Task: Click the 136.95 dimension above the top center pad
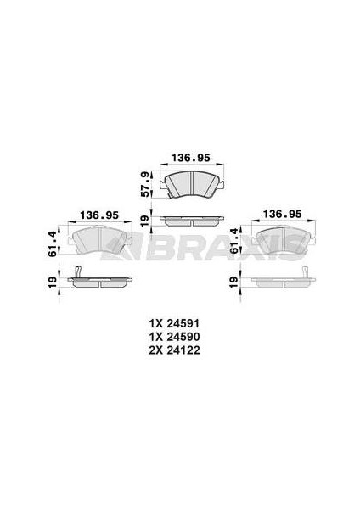(x=191, y=157)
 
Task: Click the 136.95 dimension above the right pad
(x=284, y=214)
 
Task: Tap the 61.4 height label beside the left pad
(x=53, y=243)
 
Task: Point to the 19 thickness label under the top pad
(x=144, y=221)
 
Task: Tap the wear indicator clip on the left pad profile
(x=77, y=273)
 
